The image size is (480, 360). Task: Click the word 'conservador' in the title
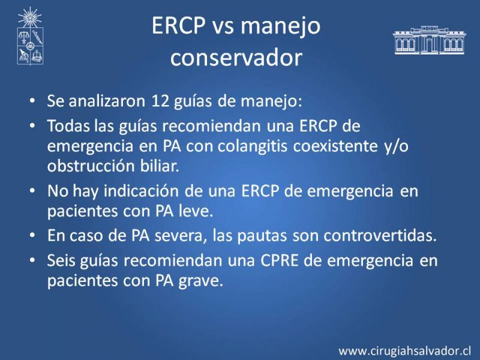(236, 57)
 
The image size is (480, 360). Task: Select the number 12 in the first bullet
(160, 101)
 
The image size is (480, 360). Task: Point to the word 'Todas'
(68, 125)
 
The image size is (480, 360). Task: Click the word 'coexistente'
(335, 146)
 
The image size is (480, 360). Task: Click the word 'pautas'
(262, 236)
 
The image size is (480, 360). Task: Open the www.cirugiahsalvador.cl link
(404, 351)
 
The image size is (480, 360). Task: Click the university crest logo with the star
(30, 36)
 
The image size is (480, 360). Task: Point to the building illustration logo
(429, 40)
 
